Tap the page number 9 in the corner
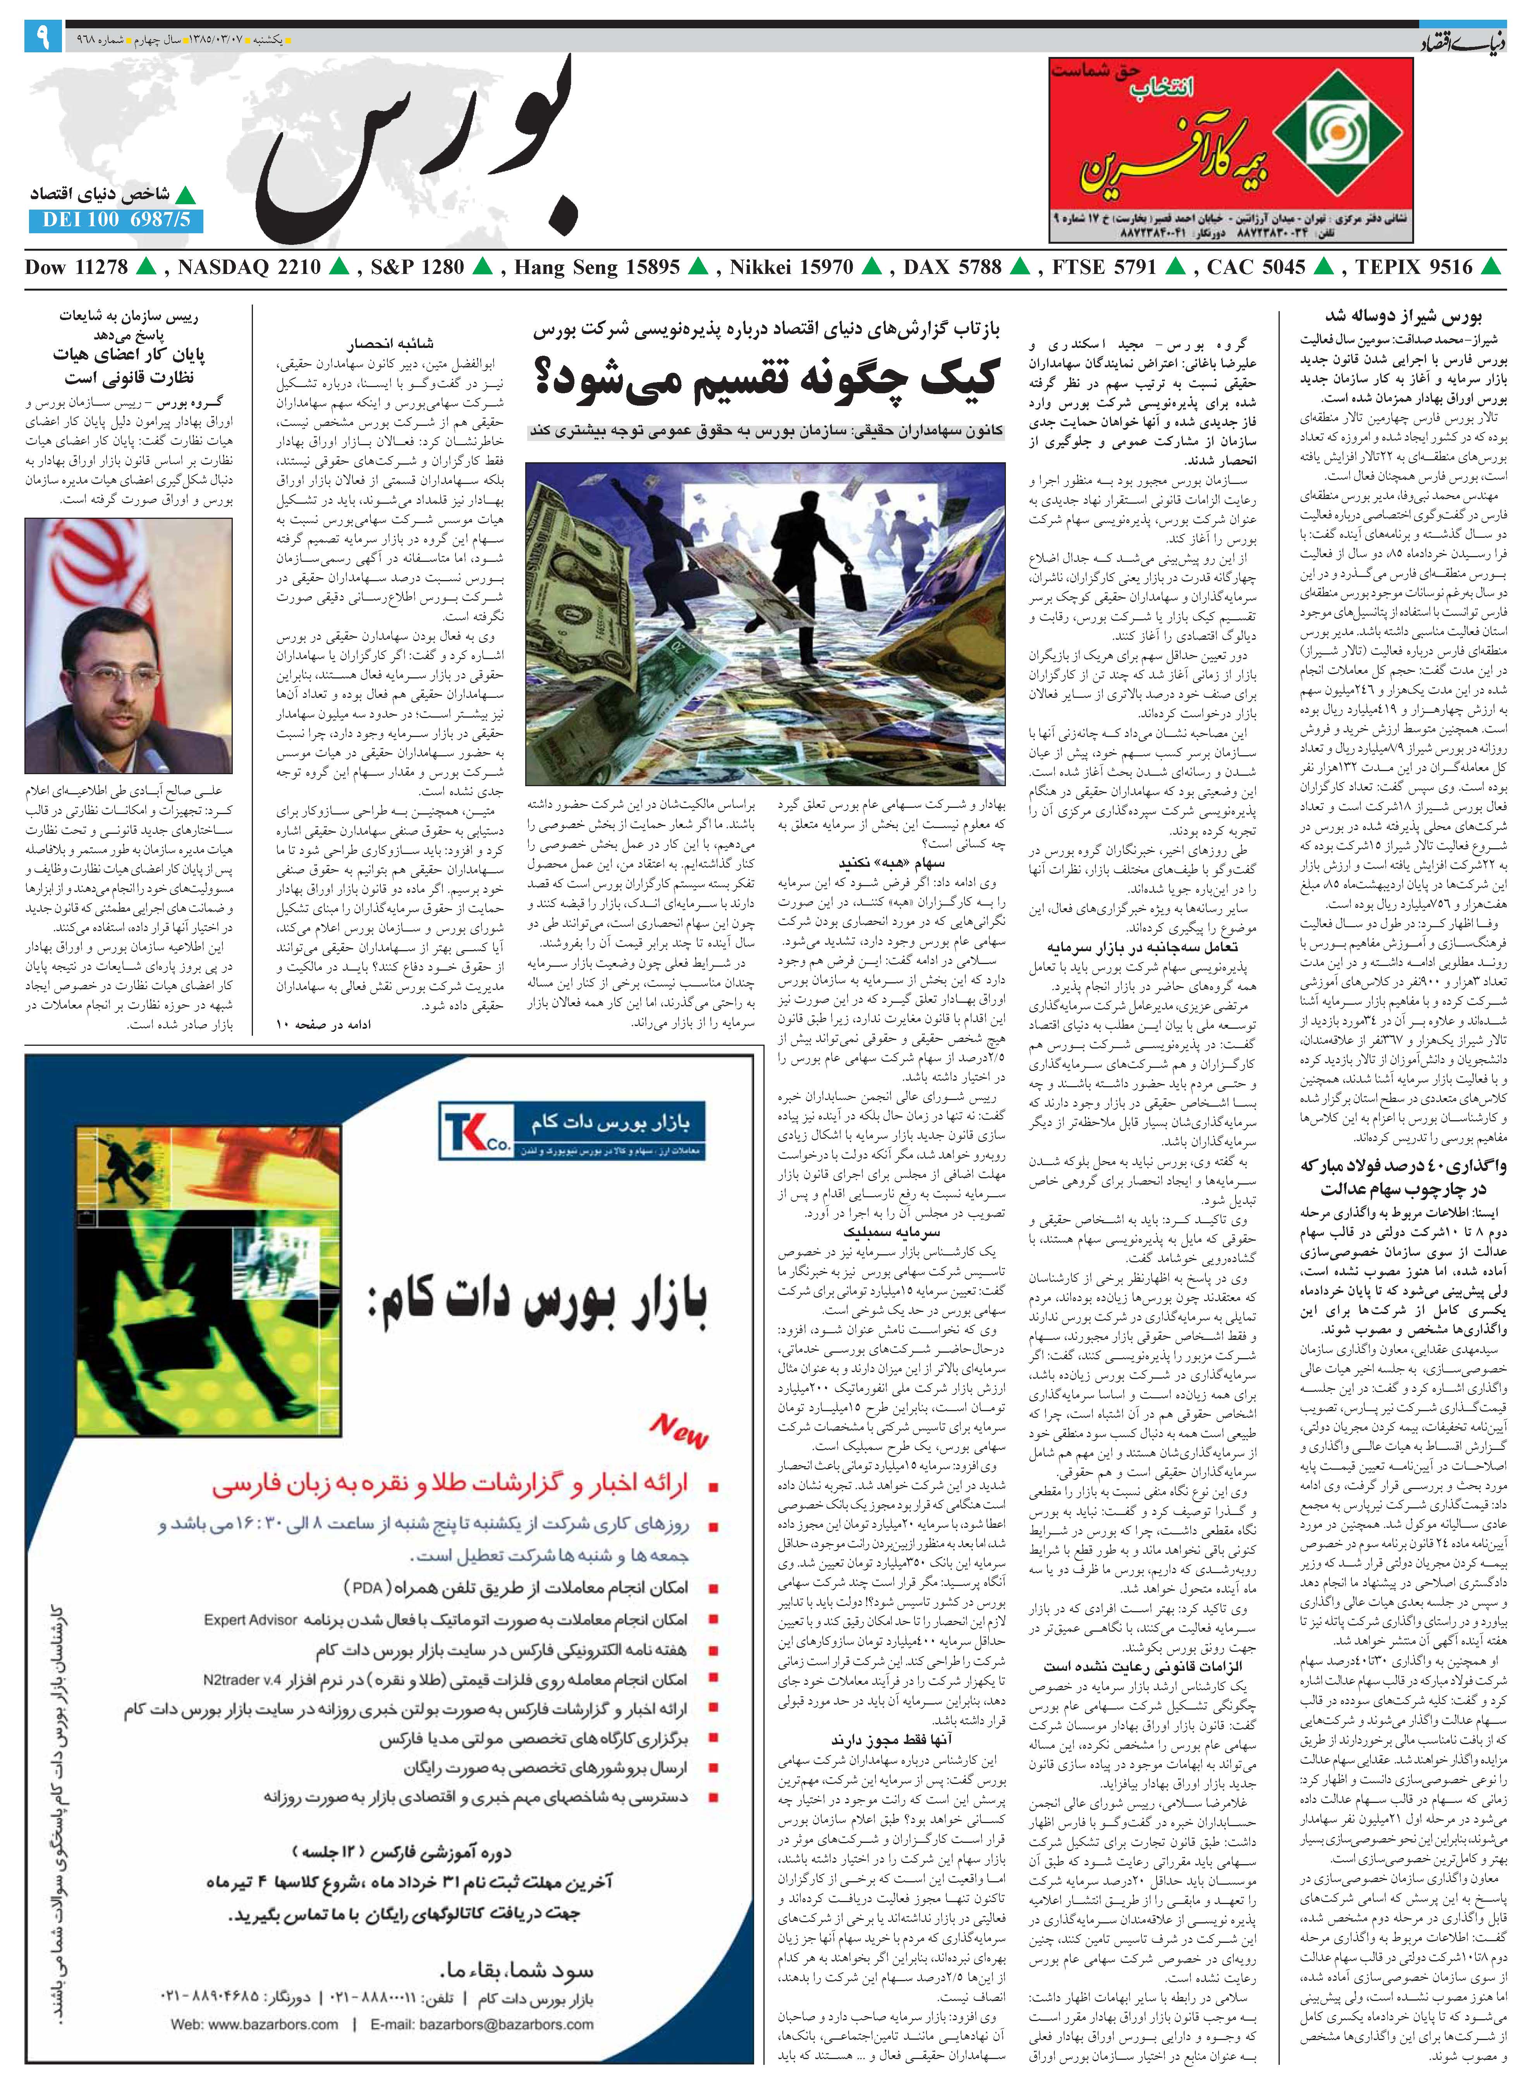tap(43, 40)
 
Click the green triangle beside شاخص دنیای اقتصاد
tap(187, 195)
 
